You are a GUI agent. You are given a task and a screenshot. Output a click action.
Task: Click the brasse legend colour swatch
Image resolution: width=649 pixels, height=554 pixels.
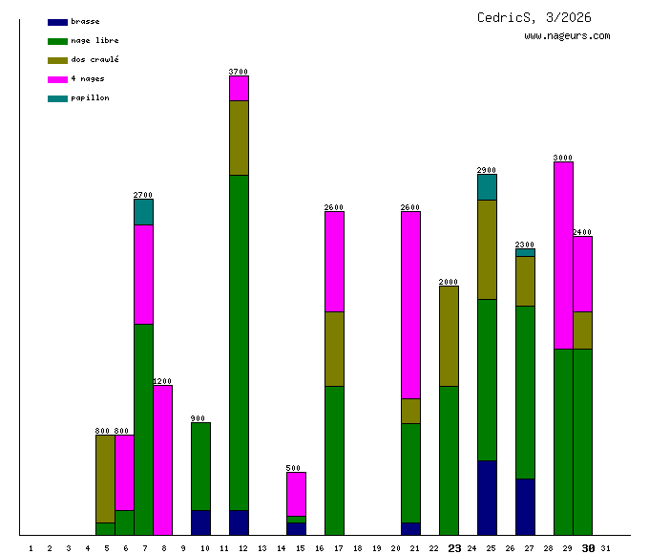(57, 21)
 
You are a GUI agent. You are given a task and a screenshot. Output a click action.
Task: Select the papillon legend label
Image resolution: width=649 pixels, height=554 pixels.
(90, 97)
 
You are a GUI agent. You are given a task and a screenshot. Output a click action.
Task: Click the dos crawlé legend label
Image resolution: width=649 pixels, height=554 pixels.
(94, 59)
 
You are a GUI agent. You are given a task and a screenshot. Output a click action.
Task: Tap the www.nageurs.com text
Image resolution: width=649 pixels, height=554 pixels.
(567, 36)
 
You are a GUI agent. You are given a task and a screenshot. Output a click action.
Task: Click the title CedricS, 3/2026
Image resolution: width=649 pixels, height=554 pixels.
(534, 17)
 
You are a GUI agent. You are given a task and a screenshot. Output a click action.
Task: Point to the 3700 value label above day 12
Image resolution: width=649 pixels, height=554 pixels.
(239, 72)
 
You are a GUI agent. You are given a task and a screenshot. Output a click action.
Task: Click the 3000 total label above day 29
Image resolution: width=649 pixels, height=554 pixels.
(563, 158)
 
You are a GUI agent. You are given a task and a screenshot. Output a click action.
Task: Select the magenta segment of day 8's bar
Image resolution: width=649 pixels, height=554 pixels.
(162, 458)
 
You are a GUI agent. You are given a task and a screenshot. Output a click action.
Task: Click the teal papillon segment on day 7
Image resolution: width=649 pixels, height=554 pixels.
(143, 211)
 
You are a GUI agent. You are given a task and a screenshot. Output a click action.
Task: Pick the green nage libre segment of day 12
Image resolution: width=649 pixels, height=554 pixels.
(239, 342)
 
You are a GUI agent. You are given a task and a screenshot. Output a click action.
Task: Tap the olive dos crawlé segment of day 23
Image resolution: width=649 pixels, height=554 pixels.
(449, 335)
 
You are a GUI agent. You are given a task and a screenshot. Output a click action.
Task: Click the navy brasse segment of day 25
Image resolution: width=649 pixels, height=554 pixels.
(487, 497)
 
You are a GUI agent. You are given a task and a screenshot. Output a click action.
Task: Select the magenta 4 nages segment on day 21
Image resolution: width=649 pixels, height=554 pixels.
(410, 305)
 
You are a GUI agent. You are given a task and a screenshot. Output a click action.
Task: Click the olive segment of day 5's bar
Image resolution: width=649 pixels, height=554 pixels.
(105, 478)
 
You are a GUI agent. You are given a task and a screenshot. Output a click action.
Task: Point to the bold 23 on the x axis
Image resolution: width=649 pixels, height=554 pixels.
(454, 548)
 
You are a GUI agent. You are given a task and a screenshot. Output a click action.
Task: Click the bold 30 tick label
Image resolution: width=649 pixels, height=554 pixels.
(588, 548)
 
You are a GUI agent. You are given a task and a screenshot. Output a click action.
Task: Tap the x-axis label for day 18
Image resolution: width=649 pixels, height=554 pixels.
(357, 548)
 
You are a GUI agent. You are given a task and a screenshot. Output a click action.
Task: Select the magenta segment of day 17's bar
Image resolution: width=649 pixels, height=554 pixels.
(334, 261)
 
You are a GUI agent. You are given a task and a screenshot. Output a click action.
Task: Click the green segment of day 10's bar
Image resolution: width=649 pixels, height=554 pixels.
(200, 465)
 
